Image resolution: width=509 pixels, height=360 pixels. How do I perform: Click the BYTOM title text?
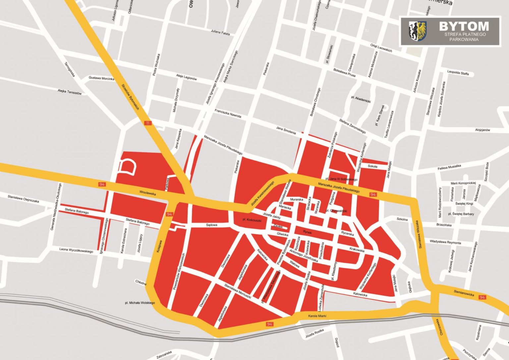coord(464,26)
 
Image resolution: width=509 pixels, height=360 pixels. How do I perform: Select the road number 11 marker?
coord(147,123)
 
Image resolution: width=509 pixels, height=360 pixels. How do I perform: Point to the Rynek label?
coord(308,232)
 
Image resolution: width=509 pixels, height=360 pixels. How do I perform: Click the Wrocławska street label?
coord(148,193)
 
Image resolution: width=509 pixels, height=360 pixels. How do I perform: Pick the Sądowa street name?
coord(211,225)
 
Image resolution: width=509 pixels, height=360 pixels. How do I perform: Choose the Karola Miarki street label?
coord(317,316)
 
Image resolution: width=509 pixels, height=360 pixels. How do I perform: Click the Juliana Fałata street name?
coord(220,32)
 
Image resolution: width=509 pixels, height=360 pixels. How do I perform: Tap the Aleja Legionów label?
coord(187,77)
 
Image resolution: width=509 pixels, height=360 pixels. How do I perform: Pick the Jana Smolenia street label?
coord(286,130)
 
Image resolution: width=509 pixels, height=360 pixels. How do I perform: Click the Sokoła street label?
coord(372,166)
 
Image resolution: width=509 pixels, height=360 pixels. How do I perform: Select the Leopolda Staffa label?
coord(458,73)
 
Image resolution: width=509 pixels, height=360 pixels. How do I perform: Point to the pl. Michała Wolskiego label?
coord(140,303)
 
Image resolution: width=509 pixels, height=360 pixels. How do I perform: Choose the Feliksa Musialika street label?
coord(449,167)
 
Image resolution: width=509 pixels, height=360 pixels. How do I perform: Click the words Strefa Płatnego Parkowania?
coord(464,36)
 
